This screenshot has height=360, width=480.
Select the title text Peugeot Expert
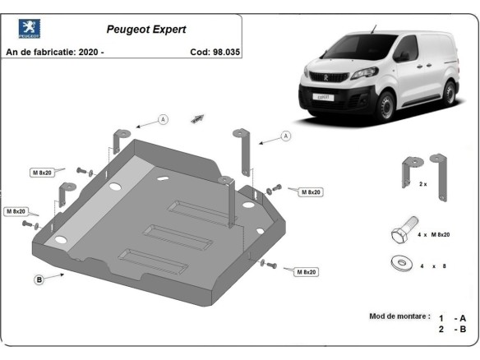point(146,29)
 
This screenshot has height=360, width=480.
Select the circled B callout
point(38,279)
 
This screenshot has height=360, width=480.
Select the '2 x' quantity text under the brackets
point(423,184)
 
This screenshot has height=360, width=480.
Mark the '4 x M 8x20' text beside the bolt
point(433,235)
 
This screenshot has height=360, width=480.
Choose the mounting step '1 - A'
point(452,317)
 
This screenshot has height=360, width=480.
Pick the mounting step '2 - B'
point(452,329)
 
